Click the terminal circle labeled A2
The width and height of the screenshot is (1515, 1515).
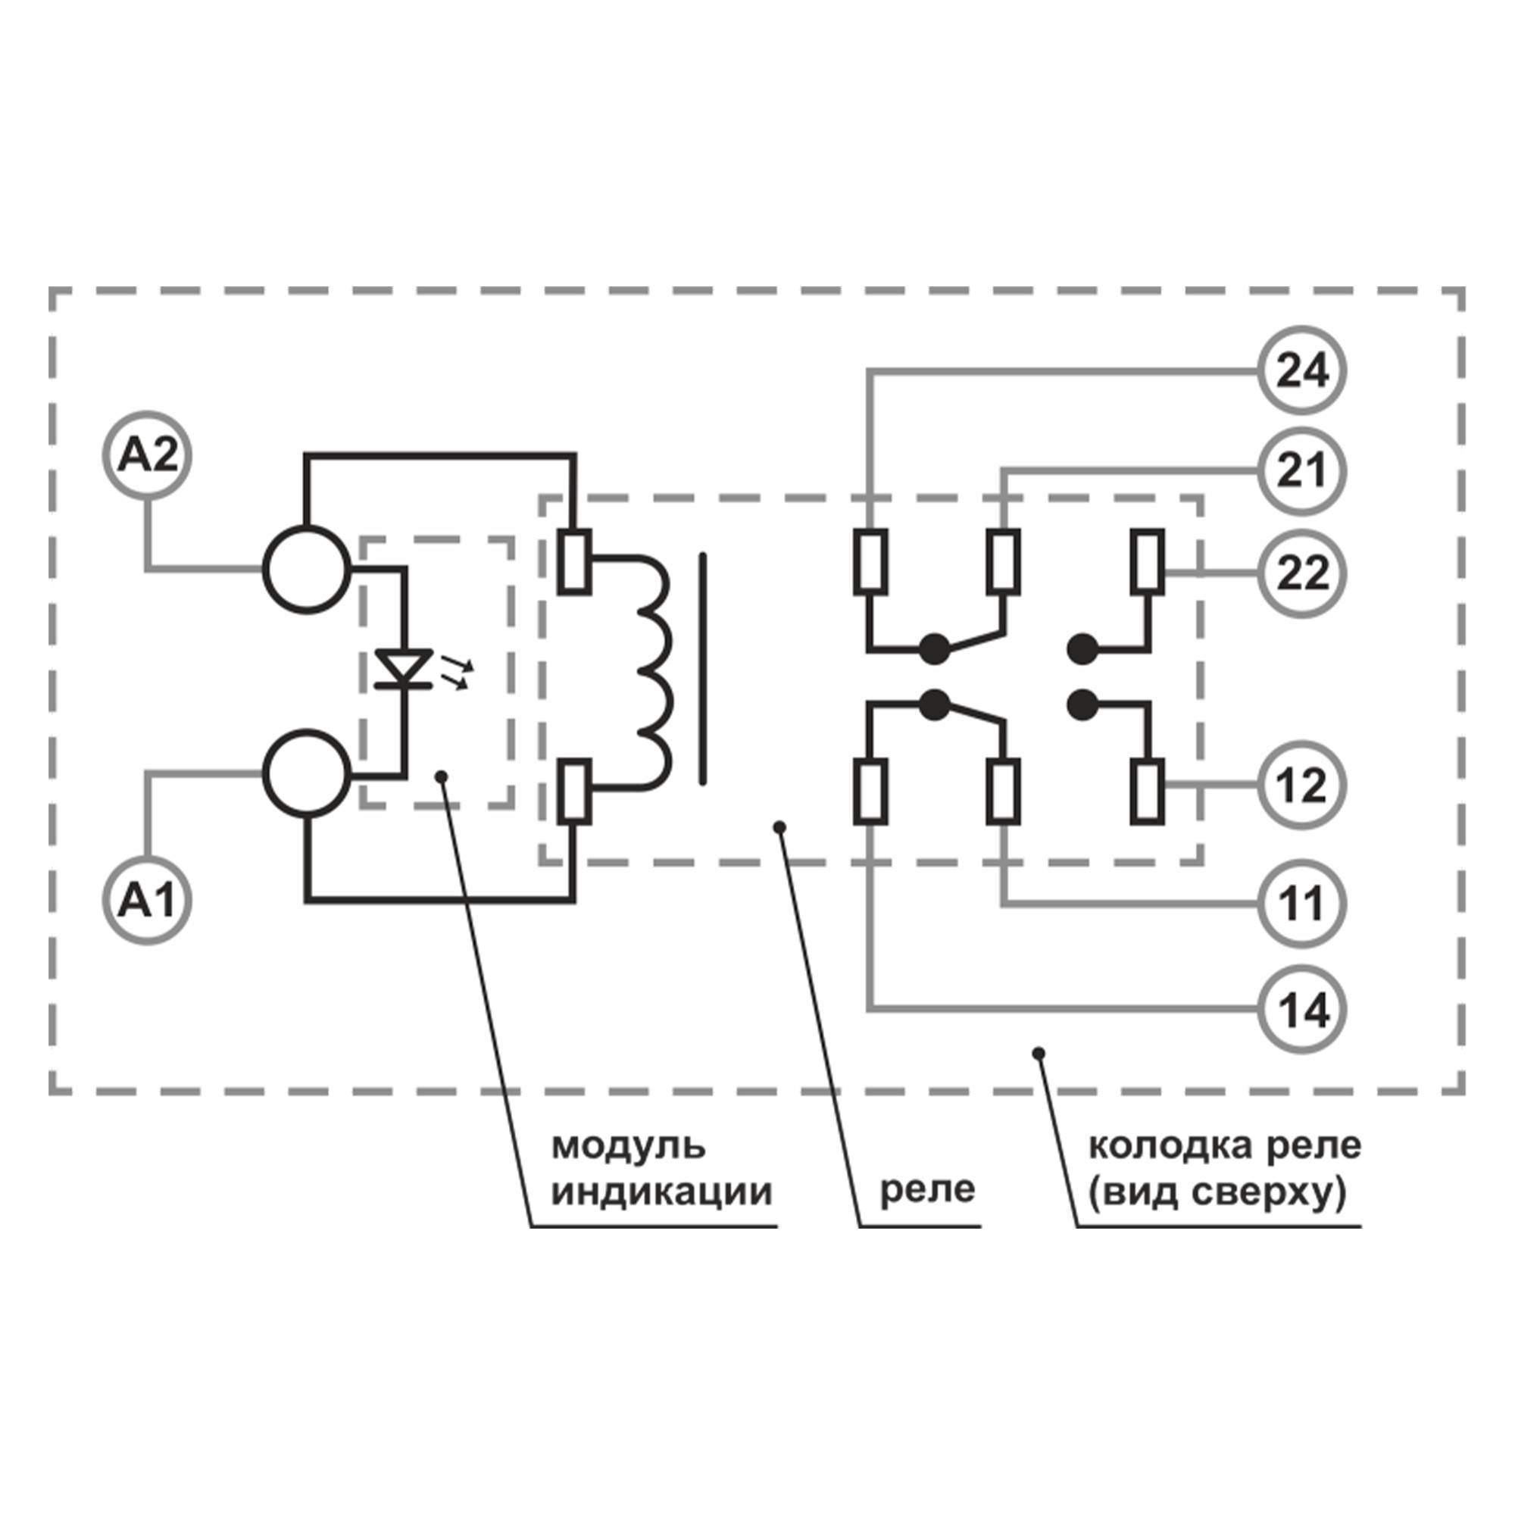pos(148,455)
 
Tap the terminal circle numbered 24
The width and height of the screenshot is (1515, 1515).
pos(1302,371)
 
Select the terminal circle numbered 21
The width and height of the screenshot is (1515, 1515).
pos(1302,471)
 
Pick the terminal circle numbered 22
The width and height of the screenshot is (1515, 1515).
pos(1302,573)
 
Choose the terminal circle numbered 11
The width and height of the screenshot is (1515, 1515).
pos(1302,904)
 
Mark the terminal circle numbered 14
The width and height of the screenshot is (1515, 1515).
pos(1302,1011)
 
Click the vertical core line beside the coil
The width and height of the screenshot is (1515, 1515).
pos(703,669)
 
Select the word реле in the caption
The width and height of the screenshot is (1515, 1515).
pos(928,1189)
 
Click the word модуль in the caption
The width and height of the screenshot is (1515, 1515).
pos(629,1145)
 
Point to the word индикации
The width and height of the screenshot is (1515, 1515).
pos(662,1192)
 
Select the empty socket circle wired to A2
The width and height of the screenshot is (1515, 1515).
pos(307,570)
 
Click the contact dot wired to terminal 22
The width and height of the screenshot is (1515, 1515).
pos(1083,648)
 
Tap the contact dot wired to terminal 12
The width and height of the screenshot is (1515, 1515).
pos(1083,704)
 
